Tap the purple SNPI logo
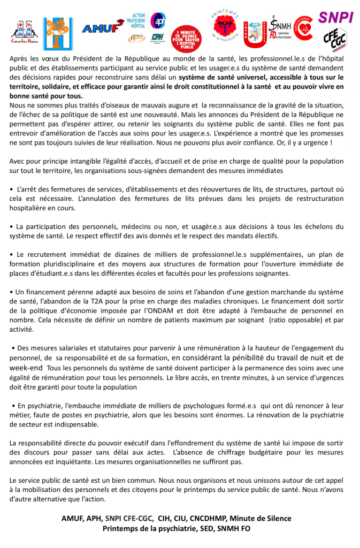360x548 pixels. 335,18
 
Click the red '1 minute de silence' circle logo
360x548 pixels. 186,39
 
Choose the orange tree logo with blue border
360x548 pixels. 58,34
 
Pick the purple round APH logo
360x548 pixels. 158,20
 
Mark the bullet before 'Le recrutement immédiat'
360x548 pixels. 12,255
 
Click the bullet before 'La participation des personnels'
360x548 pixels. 12,227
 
